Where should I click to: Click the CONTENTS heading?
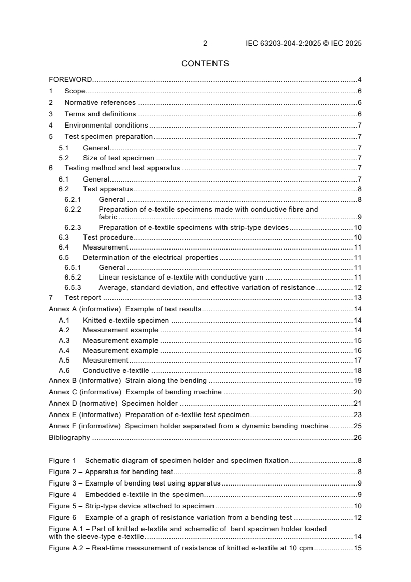[205, 64]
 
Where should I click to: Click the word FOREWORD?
[70, 80]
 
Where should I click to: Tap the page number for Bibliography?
[357, 437]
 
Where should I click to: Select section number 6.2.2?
[73, 209]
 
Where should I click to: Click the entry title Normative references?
[100, 102]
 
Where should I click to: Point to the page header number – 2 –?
[205, 44]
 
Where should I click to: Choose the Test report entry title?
[82, 297]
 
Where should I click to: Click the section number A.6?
[64, 370]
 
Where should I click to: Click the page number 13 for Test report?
[357, 297]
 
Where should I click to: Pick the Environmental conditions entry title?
[106, 125]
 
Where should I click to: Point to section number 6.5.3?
[73, 287]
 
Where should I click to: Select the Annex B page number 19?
[357, 380]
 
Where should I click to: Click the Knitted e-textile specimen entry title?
[126, 321]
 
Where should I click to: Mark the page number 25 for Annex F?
[357, 426]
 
